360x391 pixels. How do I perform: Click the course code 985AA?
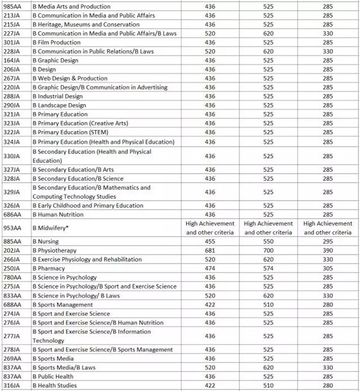12,6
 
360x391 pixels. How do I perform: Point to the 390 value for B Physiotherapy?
328,250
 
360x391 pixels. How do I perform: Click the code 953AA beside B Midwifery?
12,228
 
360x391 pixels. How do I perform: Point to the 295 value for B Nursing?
328,241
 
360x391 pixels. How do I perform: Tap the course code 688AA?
12,304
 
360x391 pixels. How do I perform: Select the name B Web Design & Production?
70,78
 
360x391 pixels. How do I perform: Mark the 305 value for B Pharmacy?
328,268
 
